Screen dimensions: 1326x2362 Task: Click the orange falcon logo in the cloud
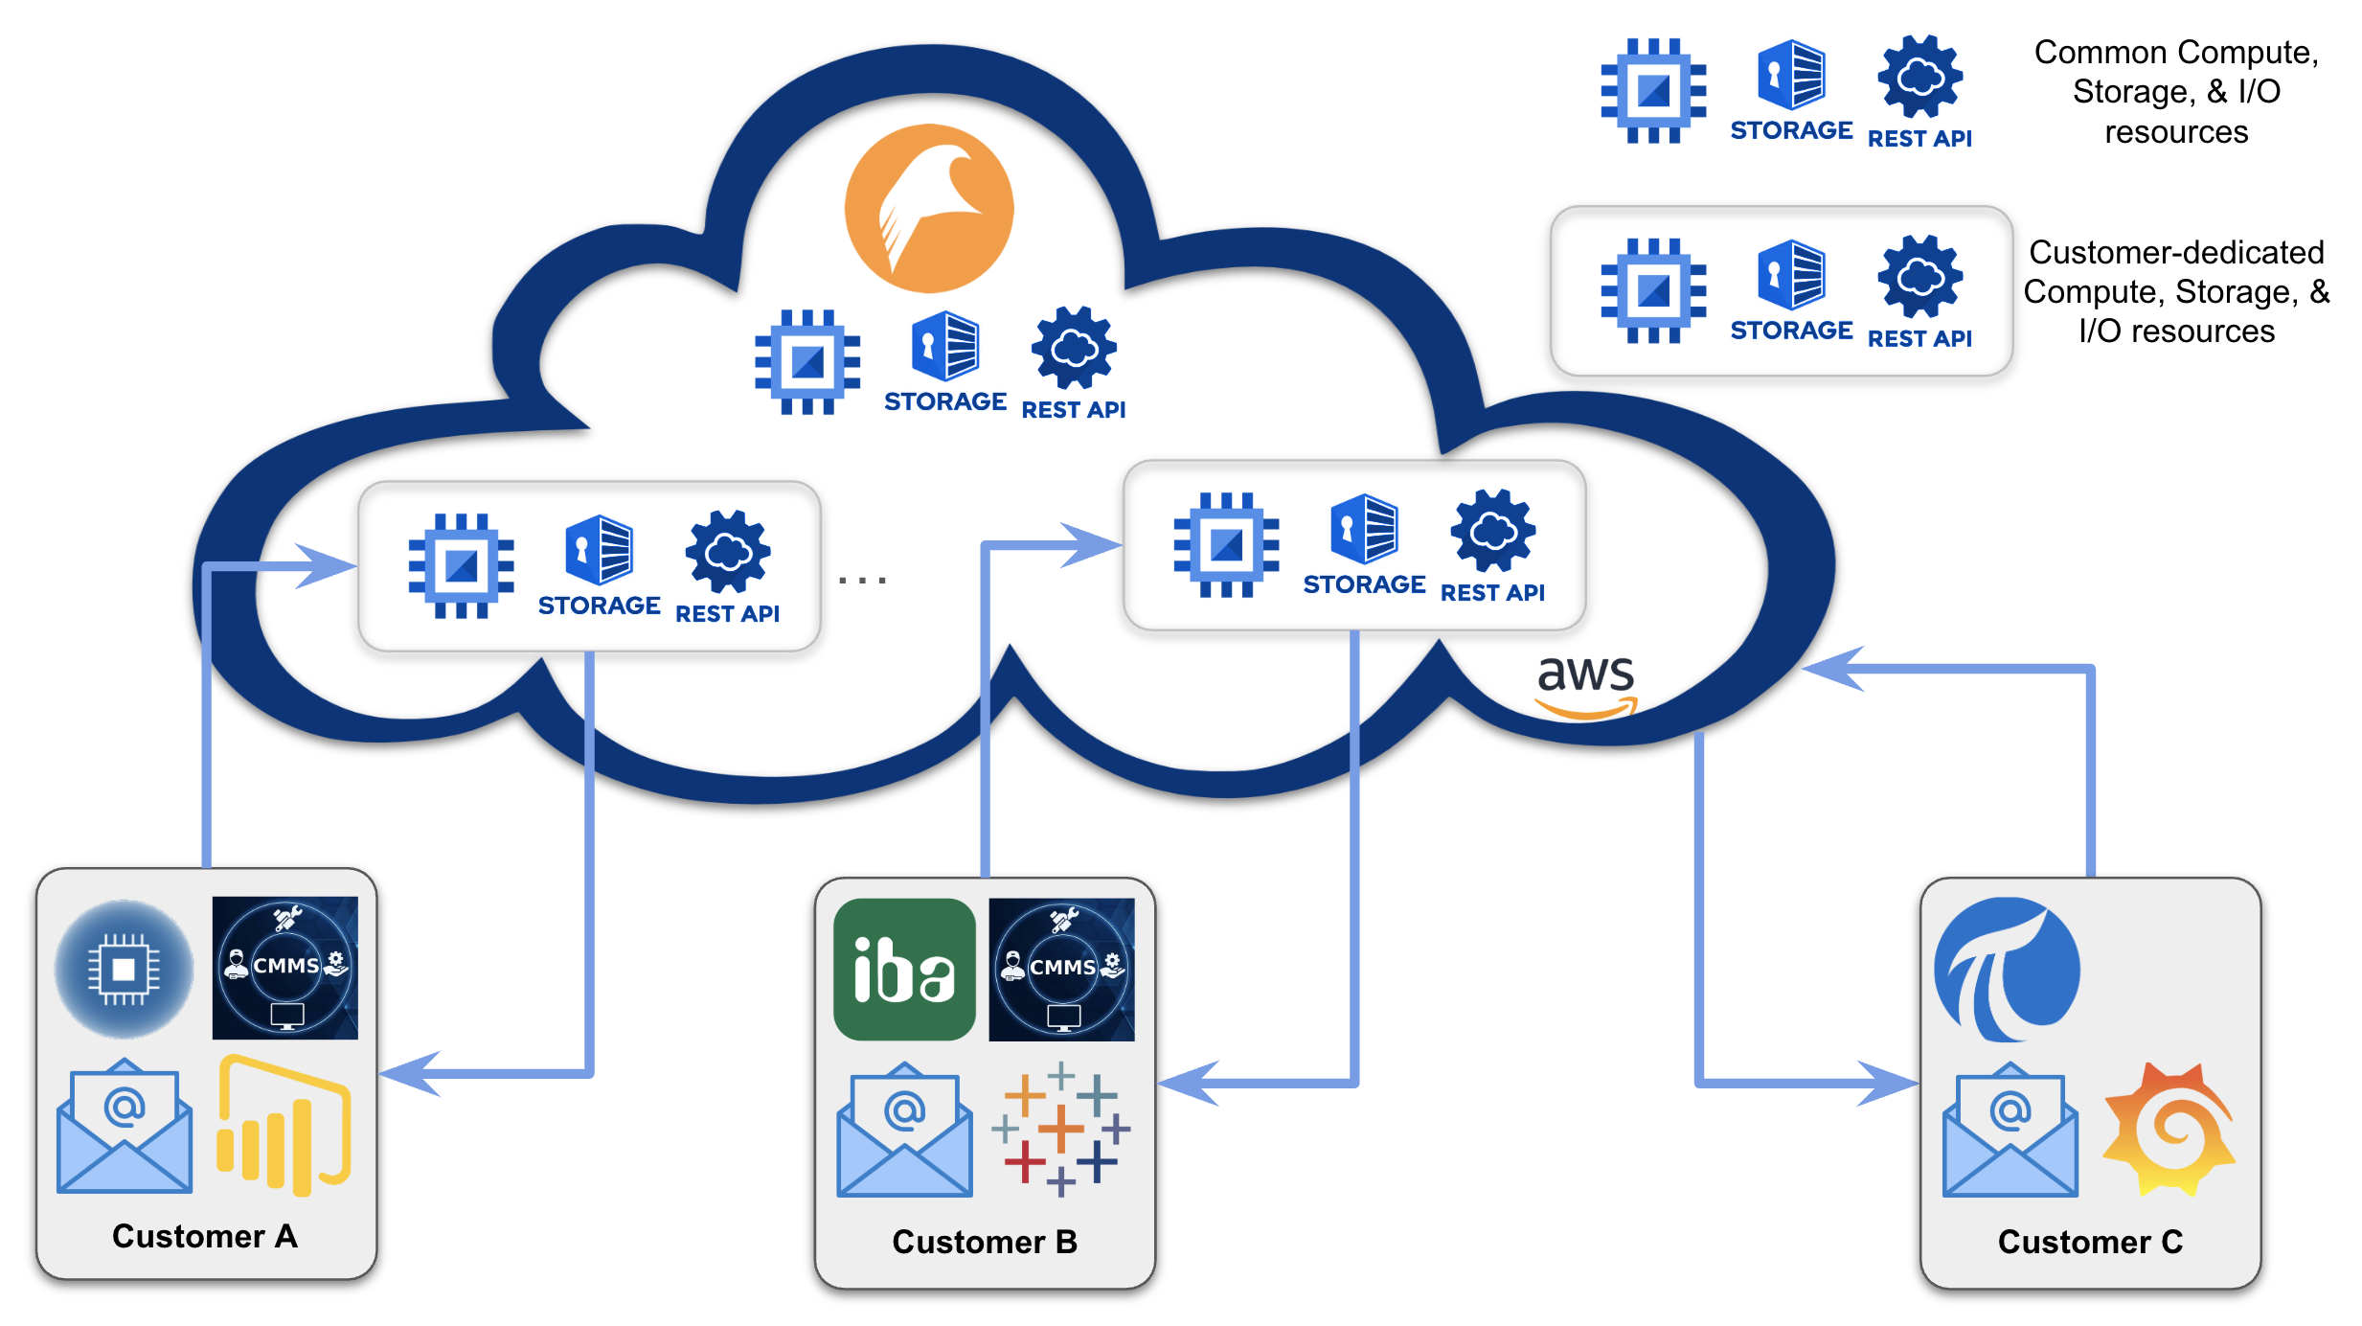pos(928,208)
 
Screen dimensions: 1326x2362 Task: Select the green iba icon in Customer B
pos(904,969)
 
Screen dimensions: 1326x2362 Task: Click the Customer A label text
pos(205,1236)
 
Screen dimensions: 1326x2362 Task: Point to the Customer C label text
pos(2089,1242)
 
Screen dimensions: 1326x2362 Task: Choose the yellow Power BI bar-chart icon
pos(284,1126)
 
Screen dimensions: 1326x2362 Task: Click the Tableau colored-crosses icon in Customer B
pos(1061,1128)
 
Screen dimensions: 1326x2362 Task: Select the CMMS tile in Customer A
pos(284,968)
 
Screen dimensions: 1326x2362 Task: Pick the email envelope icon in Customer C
pos(2010,1131)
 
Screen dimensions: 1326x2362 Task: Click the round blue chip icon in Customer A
pos(124,970)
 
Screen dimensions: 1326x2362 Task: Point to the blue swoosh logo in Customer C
pos(2006,969)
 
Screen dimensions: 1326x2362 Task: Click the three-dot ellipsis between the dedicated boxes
pos(862,580)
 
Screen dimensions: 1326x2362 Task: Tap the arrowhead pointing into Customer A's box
pos(408,1074)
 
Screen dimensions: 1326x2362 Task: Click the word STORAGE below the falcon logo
pos(944,401)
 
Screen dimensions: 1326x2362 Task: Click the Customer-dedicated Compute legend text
pos(2176,291)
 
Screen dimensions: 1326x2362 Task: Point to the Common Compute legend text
pos(2176,91)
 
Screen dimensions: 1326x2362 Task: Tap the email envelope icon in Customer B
pos(904,1131)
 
